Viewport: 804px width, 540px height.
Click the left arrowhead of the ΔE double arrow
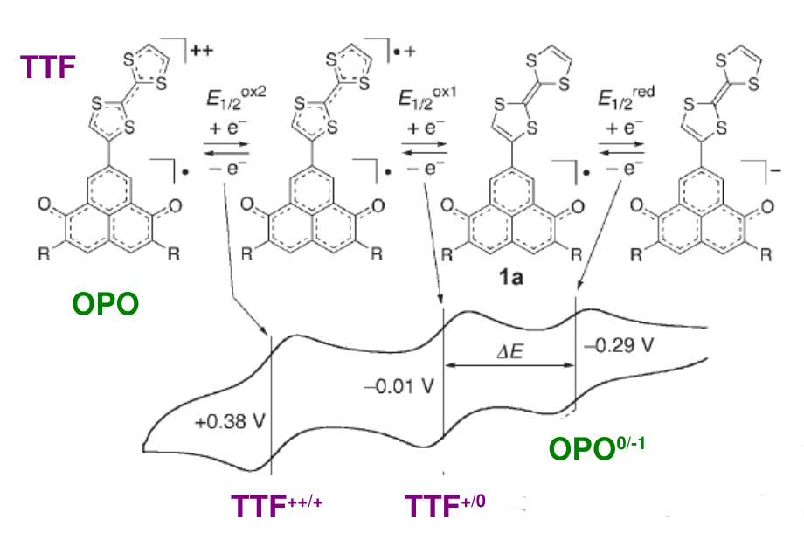pos(446,365)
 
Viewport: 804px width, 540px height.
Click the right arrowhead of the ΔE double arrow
pos(574,365)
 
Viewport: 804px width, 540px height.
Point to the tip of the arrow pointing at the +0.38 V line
pos(266,335)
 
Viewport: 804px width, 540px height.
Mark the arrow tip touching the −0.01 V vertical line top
pos(441,304)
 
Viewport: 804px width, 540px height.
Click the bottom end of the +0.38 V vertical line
pos(271,474)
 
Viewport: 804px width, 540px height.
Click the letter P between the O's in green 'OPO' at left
pos(106,304)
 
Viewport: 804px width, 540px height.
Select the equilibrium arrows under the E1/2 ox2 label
pos(226,149)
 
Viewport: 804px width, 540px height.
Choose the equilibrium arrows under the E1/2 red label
pos(621,149)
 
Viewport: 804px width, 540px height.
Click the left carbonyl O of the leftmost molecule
pos(45,204)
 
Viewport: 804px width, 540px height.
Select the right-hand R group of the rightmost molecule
pos(766,254)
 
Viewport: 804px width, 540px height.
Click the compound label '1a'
pos(510,278)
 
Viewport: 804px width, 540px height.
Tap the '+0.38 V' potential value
pos(230,421)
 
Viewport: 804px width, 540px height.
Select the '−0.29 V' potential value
pos(619,346)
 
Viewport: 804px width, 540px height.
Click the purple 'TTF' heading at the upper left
pos(48,66)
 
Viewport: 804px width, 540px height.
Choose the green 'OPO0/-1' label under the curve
pos(597,448)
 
